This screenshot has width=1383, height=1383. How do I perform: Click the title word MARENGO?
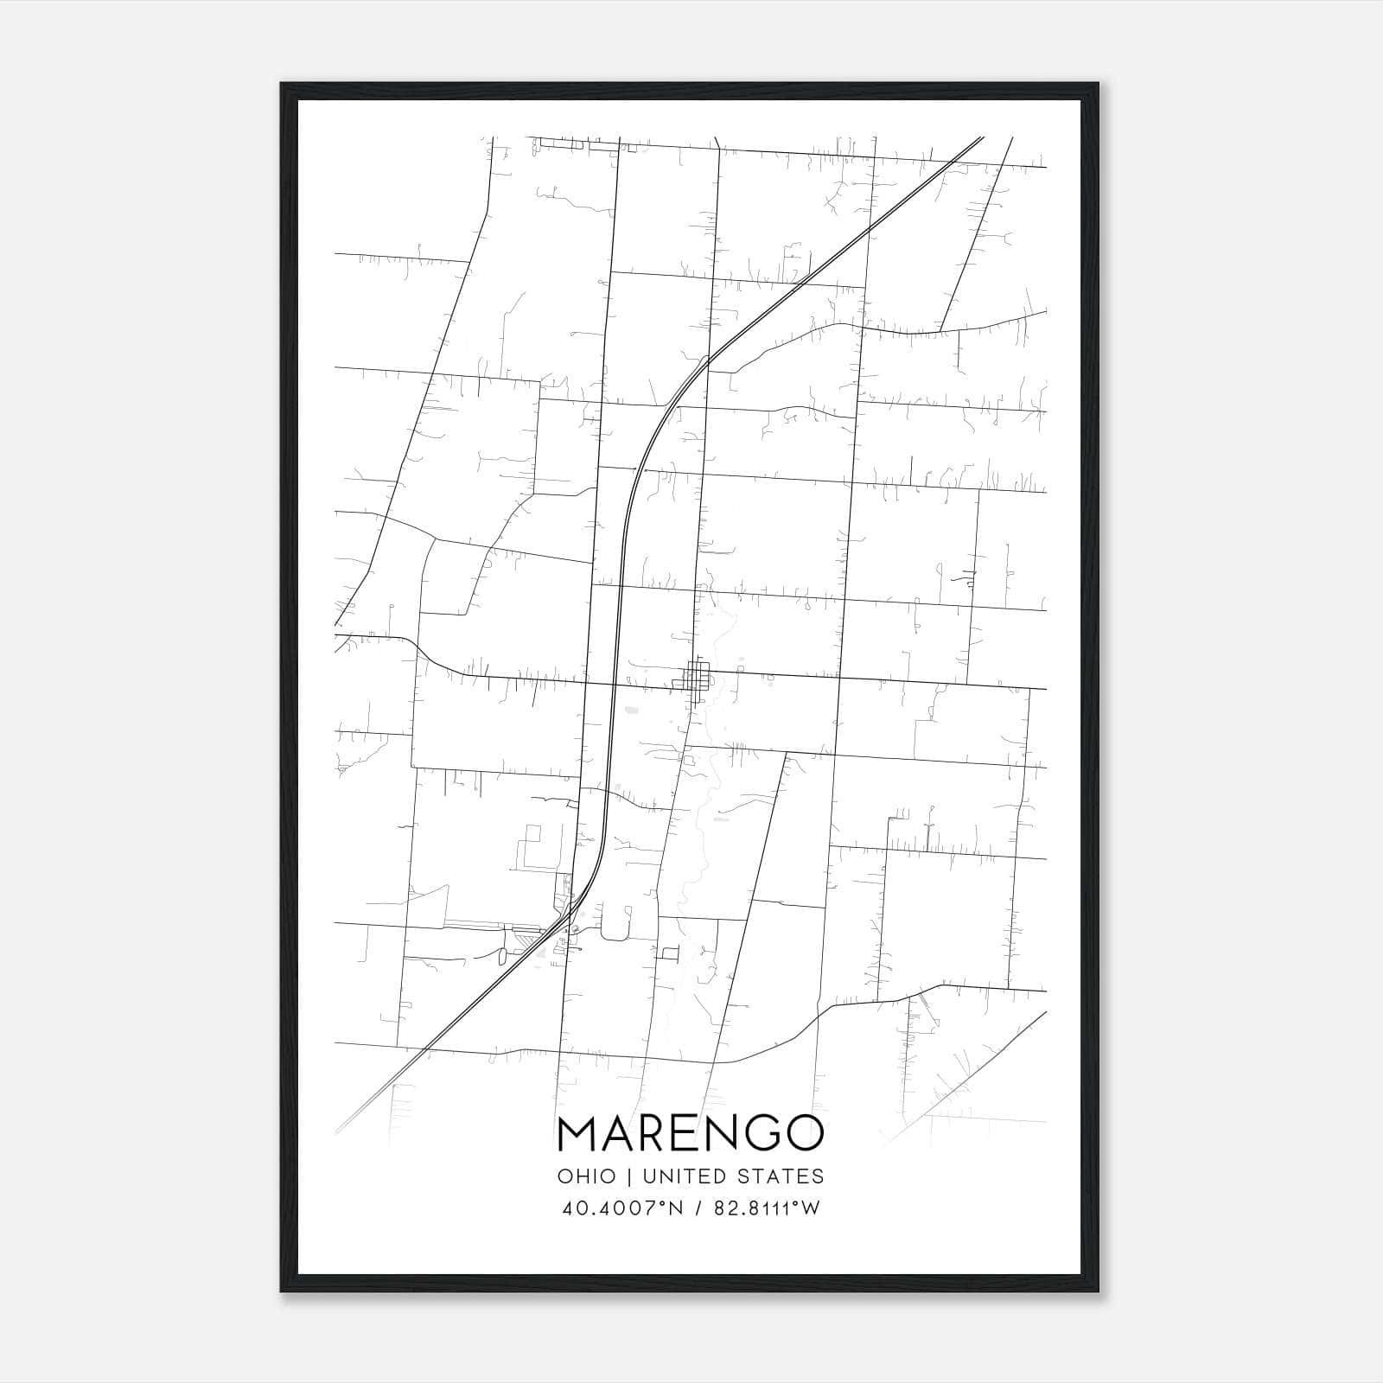pos(691,1133)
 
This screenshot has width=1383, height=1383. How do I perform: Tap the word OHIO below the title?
pos(587,1176)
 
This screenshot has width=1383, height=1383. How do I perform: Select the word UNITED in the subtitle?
pos(686,1176)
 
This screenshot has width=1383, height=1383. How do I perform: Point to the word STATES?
pos(783,1176)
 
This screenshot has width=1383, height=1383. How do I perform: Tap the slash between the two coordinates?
pos(691,1208)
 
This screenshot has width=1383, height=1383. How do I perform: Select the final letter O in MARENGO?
pos(803,1133)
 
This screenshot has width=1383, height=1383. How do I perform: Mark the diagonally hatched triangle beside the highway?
pos(526,936)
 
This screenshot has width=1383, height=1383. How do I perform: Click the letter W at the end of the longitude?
pos(809,1208)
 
